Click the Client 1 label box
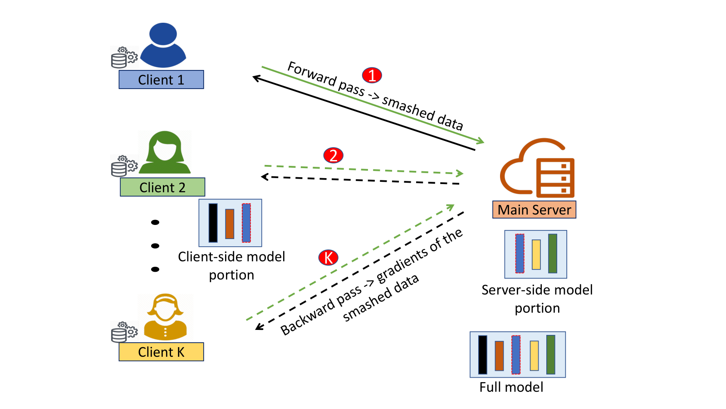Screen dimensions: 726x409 click(x=161, y=80)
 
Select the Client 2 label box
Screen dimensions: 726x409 click(x=162, y=187)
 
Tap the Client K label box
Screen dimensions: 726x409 click(x=161, y=352)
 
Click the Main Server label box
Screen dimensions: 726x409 click(x=534, y=209)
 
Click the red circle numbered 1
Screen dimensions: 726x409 click(x=372, y=75)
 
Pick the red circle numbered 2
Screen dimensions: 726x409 click(x=333, y=155)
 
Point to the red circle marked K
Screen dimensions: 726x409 click(x=329, y=258)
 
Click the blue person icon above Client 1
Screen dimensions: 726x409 click(x=163, y=45)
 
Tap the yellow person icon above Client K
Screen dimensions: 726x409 click(x=165, y=317)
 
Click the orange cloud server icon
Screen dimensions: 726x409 click(x=537, y=168)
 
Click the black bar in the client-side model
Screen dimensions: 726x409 click(x=213, y=223)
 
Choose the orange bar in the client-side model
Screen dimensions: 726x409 click(x=230, y=224)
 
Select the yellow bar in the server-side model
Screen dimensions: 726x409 click(x=536, y=254)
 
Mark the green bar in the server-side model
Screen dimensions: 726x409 click(x=553, y=254)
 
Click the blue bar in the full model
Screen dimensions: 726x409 click(x=515, y=355)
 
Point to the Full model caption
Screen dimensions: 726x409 click(x=511, y=387)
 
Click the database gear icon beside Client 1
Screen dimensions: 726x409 click(x=124, y=57)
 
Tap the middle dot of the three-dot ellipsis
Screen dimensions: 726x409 click(x=155, y=246)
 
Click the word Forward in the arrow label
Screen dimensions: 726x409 click(x=311, y=74)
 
